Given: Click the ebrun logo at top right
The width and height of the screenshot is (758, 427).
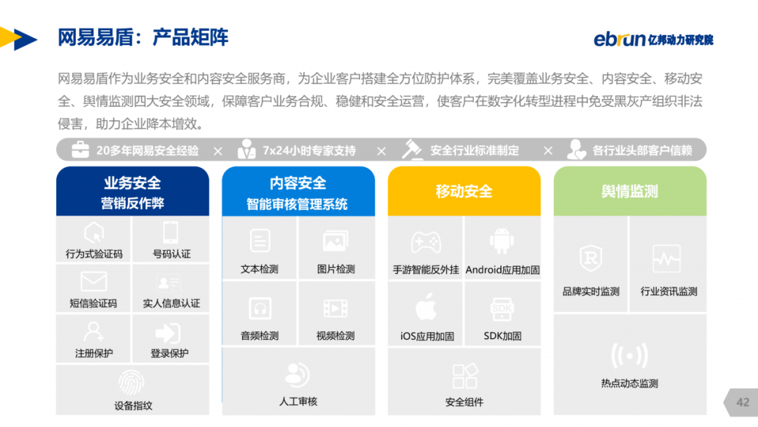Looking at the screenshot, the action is click(653, 39).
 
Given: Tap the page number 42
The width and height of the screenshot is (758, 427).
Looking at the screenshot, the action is click(743, 402).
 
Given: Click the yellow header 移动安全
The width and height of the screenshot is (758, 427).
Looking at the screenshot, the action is click(464, 192).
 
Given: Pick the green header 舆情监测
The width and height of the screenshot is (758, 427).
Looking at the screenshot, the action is click(630, 192).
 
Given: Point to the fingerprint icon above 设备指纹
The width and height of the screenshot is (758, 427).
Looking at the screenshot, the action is click(131, 383).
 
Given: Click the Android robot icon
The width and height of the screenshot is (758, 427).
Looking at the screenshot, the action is click(502, 241).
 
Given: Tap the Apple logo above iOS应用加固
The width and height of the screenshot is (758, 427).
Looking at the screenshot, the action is click(426, 307).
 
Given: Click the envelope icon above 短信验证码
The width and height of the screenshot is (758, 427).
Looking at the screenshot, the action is click(94, 282).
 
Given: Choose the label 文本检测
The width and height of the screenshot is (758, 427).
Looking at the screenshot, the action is click(260, 270).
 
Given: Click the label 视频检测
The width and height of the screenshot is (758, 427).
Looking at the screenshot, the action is click(335, 336).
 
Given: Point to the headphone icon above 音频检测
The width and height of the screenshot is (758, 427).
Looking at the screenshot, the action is click(260, 308).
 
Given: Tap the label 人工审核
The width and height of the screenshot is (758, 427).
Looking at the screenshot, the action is click(298, 402).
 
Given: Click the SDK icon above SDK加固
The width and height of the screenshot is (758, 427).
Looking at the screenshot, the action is click(502, 309).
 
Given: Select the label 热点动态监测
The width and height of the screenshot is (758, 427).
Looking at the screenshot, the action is click(630, 383).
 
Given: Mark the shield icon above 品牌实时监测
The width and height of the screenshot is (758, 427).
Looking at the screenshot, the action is click(591, 258).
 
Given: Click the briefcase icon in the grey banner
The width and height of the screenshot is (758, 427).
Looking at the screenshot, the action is click(80, 150).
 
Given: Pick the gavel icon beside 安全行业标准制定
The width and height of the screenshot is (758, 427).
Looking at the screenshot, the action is click(413, 150).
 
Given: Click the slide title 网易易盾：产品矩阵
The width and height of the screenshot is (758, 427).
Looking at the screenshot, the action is click(143, 37).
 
